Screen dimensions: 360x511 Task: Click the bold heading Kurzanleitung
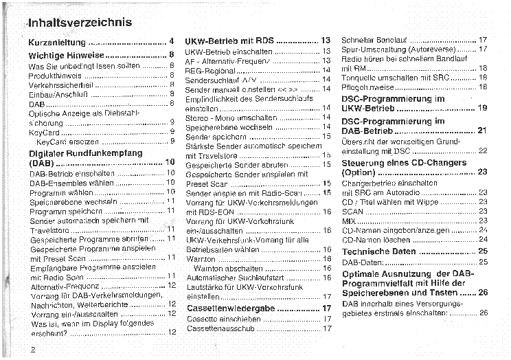coord(58,42)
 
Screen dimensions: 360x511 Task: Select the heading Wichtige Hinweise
coord(66,54)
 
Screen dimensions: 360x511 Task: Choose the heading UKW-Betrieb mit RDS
coord(229,41)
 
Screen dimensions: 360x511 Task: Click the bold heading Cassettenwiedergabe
coord(231,308)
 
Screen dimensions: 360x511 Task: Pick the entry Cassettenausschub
coord(221,328)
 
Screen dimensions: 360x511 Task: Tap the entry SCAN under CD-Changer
coord(352,212)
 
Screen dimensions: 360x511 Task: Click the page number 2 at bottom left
coord(32,348)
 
